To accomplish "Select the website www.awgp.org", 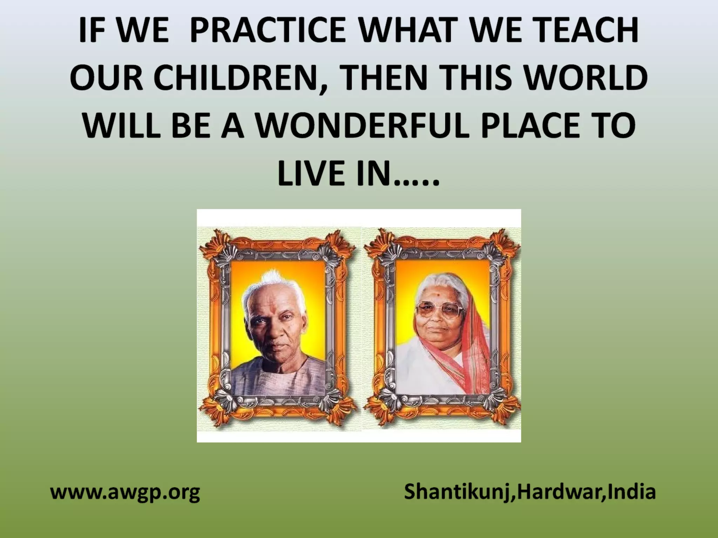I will click(125, 492).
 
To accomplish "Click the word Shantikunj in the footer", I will click(456, 492).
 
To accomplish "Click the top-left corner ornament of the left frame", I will click(214, 243).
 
